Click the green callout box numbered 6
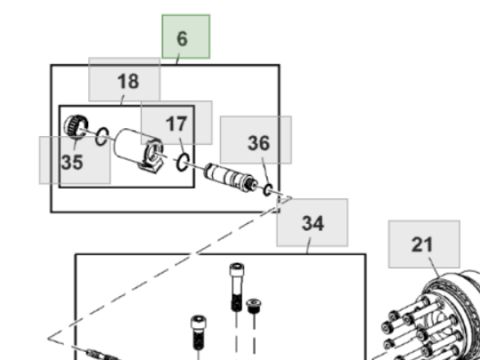pos(186,37)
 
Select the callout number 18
pos(128,82)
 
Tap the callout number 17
pos(176,124)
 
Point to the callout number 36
pos(258,143)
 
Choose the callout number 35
pos(72,162)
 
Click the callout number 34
pos(313,223)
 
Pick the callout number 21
pos(422,245)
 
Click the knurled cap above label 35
pos(76,126)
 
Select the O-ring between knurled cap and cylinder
pos(102,136)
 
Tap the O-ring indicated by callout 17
pos(182,162)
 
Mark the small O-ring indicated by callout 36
pos(268,190)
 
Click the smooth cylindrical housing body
pos(132,146)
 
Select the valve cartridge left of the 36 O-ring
pos(230,178)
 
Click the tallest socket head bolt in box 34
pos(237,286)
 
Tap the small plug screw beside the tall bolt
pos(254,306)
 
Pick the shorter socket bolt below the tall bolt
pos(198,333)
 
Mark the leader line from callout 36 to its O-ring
pos(266,171)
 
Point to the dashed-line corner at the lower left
pos(49,338)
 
